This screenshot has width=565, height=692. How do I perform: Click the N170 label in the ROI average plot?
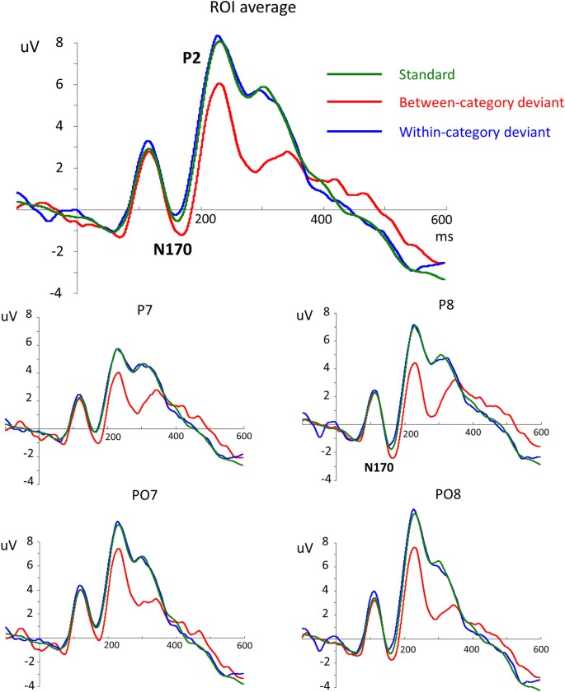pos(171,247)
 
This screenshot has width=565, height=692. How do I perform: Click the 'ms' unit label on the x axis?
pos(446,236)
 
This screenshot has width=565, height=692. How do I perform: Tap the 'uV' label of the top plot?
pos(30,48)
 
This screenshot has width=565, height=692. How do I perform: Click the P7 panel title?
pos(126,309)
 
